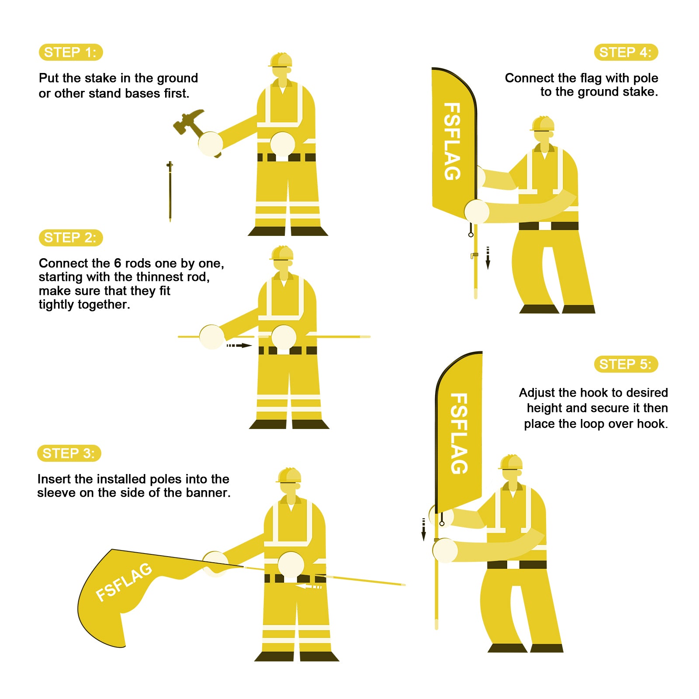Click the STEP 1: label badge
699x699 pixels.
[x=71, y=52]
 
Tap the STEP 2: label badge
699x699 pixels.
[x=71, y=238]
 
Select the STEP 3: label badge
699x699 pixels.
[x=69, y=453]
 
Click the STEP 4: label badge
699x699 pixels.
[x=626, y=52]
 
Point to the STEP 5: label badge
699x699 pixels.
[x=626, y=364]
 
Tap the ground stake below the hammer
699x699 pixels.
[x=170, y=191]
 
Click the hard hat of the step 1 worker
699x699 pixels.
[x=280, y=60]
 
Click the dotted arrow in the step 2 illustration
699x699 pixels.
[x=239, y=346]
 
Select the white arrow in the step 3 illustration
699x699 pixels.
[x=308, y=586]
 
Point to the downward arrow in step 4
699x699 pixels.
[x=488, y=258]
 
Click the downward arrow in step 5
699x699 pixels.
[x=423, y=529]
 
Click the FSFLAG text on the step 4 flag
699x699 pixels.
[x=452, y=142]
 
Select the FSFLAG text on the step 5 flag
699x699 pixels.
[x=459, y=433]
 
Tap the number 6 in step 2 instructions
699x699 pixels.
[x=118, y=263]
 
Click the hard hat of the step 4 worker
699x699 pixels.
[x=543, y=124]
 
